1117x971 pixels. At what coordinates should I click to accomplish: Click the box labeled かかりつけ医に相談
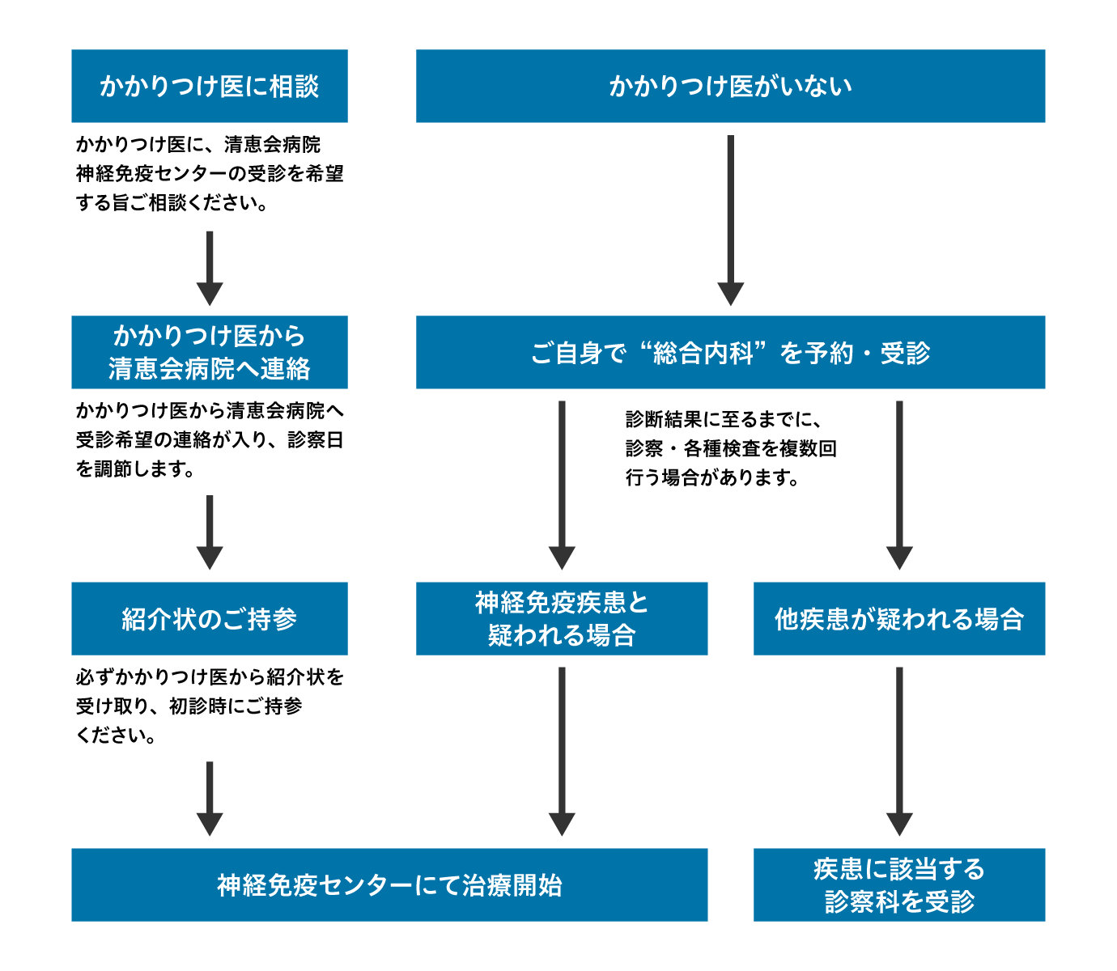tap(210, 86)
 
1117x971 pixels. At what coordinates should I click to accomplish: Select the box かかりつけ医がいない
tap(730, 86)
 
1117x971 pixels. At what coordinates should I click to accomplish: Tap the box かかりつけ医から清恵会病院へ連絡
tap(210, 352)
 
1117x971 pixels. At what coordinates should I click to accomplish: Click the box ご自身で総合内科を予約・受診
tap(730, 352)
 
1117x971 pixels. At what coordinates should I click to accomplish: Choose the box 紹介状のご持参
tap(210, 618)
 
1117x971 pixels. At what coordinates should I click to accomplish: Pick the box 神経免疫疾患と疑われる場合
tap(562, 618)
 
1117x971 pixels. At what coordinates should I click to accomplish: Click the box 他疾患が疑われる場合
tap(899, 618)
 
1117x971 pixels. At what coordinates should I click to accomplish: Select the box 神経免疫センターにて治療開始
tap(389, 884)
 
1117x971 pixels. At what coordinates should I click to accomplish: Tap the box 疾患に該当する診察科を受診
tap(899, 884)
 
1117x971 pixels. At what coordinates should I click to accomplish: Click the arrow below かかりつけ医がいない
tap(730, 218)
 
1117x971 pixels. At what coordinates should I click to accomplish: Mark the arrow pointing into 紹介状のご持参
tap(210, 532)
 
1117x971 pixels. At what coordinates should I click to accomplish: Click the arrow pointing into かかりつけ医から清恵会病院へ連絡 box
tap(210, 267)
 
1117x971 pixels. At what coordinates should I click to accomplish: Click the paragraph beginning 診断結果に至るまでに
tap(730, 448)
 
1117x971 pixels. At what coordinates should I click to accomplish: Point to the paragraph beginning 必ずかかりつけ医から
tap(210, 706)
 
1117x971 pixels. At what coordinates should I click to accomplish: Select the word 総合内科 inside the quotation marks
tap(703, 353)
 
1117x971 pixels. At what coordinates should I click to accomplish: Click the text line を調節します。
tap(135, 469)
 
